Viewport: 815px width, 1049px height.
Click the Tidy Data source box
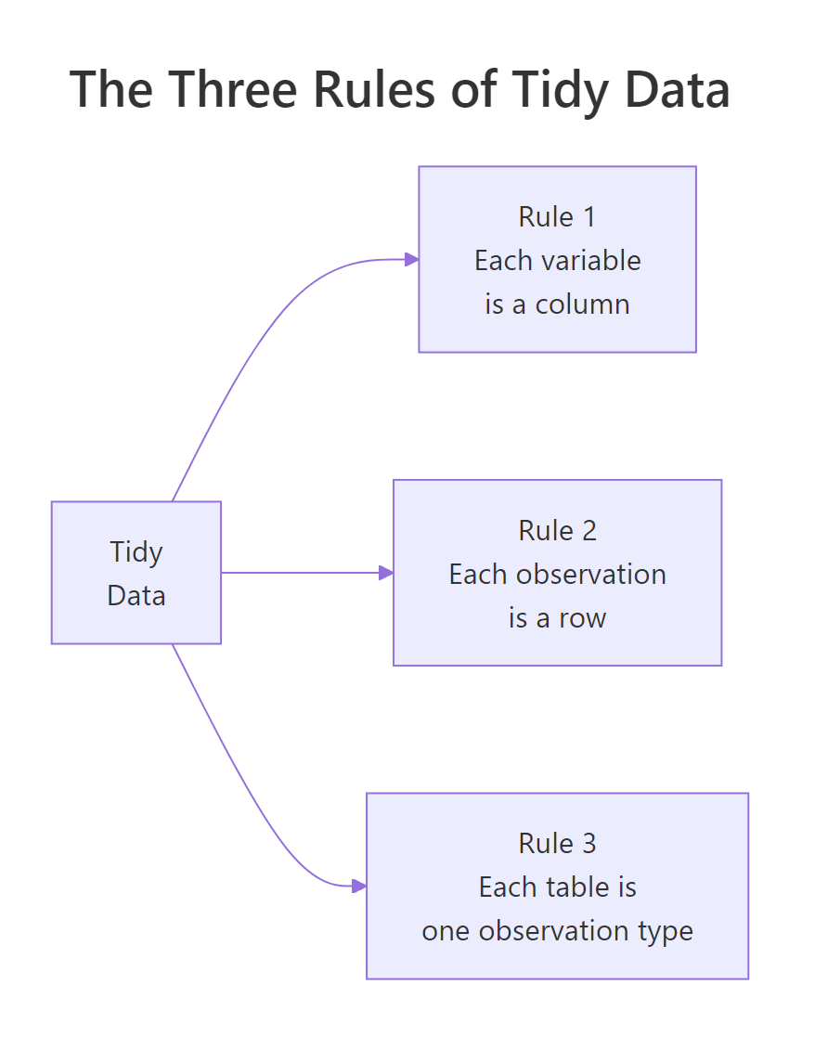[x=136, y=573]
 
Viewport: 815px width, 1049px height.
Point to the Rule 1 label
[x=557, y=216]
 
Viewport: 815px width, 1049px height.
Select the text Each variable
[x=557, y=260]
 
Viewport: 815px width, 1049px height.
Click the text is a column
[x=557, y=304]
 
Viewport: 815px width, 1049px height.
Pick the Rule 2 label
[x=557, y=530]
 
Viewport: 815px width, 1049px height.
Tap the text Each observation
[x=557, y=574]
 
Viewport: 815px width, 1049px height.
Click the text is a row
[x=557, y=617]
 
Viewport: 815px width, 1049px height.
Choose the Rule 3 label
[x=557, y=843]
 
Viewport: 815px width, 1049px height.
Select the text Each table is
[x=557, y=887]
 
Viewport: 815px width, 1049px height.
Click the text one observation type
[x=557, y=930]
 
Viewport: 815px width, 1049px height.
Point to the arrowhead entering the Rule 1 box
[x=411, y=260]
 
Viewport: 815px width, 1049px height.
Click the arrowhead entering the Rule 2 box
[x=386, y=573]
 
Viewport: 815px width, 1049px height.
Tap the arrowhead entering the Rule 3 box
[x=359, y=887]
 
